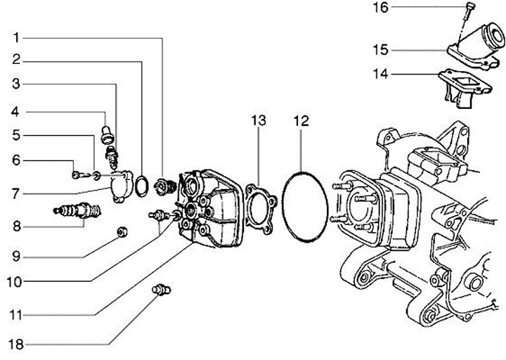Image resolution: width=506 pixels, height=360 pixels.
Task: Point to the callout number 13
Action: (x=259, y=121)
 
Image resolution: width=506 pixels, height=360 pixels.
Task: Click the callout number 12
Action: (x=301, y=121)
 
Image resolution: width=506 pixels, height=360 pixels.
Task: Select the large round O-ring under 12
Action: (x=304, y=207)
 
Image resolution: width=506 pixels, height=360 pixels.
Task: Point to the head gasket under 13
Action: (x=259, y=204)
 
